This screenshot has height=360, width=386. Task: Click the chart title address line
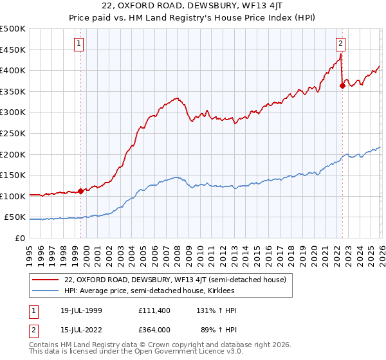click(x=193, y=7)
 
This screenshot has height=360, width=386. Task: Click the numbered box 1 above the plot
click(x=78, y=44)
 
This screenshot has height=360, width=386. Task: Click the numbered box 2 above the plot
click(x=340, y=44)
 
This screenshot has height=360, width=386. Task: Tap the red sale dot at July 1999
click(x=80, y=191)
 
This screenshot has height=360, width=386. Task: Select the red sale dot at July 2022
click(x=342, y=86)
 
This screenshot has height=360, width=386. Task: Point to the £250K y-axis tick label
click(x=13, y=133)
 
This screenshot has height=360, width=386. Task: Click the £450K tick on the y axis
click(x=13, y=50)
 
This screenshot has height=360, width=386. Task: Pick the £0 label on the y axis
click(x=21, y=238)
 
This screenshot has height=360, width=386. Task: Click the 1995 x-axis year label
click(x=30, y=252)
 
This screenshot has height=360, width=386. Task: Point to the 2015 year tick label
click(x=257, y=252)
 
